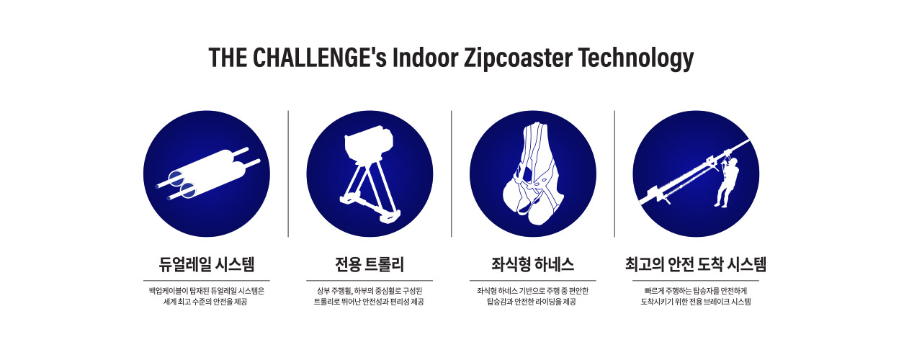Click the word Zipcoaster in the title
tap(518, 58)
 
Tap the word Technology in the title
tap(636, 58)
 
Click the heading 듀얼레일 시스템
tap(207, 264)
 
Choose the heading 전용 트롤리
tap(370, 264)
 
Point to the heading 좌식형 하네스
tap(532, 264)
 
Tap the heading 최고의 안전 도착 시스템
tap(696, 264)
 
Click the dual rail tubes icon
tap(208, 174)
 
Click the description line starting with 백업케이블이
tap(207, 291)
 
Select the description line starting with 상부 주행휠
tap(370, 291)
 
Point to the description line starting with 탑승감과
tap(532, 302)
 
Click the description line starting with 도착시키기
tap(696, 302)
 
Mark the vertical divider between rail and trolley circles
tap(288, 174)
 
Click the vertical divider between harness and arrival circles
tap(614, 174)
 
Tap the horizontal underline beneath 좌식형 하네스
tap(532, 281)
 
